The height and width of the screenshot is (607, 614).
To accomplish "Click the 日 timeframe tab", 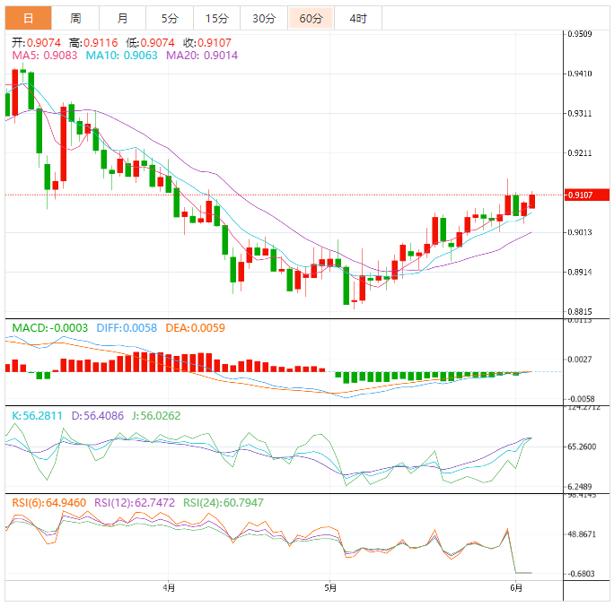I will [x=28, y=18].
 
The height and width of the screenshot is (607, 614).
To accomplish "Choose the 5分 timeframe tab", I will [x=170, y=18].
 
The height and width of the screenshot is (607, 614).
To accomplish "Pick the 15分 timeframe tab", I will [x=216, y=18].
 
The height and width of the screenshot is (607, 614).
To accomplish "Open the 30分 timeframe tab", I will [x=264, y=18].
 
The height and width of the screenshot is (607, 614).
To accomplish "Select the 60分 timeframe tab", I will [x=311, y=18].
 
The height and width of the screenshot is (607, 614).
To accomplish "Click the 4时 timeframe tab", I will [x=358, y=18].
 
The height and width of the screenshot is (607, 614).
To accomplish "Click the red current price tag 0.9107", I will [x=587, y=195].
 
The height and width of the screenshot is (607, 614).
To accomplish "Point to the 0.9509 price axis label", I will [x=579, y=34].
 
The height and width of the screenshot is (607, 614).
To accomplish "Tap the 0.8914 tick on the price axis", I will [x=579, y=272].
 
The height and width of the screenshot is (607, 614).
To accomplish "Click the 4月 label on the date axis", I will [x=169, y=588].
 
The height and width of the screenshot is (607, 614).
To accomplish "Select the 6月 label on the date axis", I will [x=515, y=588].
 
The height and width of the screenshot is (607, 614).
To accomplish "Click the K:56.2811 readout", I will [x=38, y=416].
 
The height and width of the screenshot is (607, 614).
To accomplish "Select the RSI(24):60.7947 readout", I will [x=224, y=503].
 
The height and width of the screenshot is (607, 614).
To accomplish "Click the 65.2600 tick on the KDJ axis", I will [x=582, y=447].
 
